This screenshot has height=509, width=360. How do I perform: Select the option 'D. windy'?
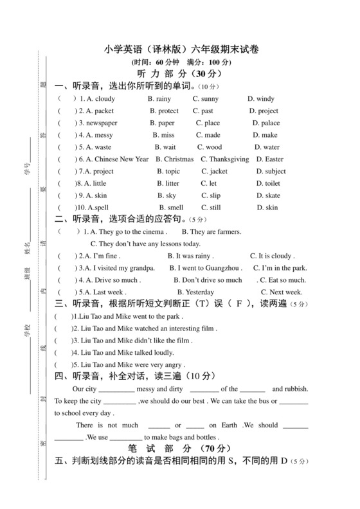point(261,99)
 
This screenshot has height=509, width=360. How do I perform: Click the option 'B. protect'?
point(165,111)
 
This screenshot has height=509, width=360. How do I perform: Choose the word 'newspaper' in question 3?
point(98,123)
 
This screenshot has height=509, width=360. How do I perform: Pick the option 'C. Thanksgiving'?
point(224,159)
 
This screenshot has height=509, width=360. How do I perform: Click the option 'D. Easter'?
point(269,159)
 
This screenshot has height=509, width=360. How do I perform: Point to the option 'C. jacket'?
point(214,172)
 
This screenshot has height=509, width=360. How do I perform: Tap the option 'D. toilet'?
point(268,183)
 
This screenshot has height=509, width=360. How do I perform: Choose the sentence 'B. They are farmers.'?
point(212,232)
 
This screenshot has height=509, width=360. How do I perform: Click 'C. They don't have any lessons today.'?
point(146,244)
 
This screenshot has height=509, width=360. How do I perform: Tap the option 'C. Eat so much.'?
point(282,280)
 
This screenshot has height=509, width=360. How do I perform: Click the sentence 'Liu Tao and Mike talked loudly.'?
point(123,353)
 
